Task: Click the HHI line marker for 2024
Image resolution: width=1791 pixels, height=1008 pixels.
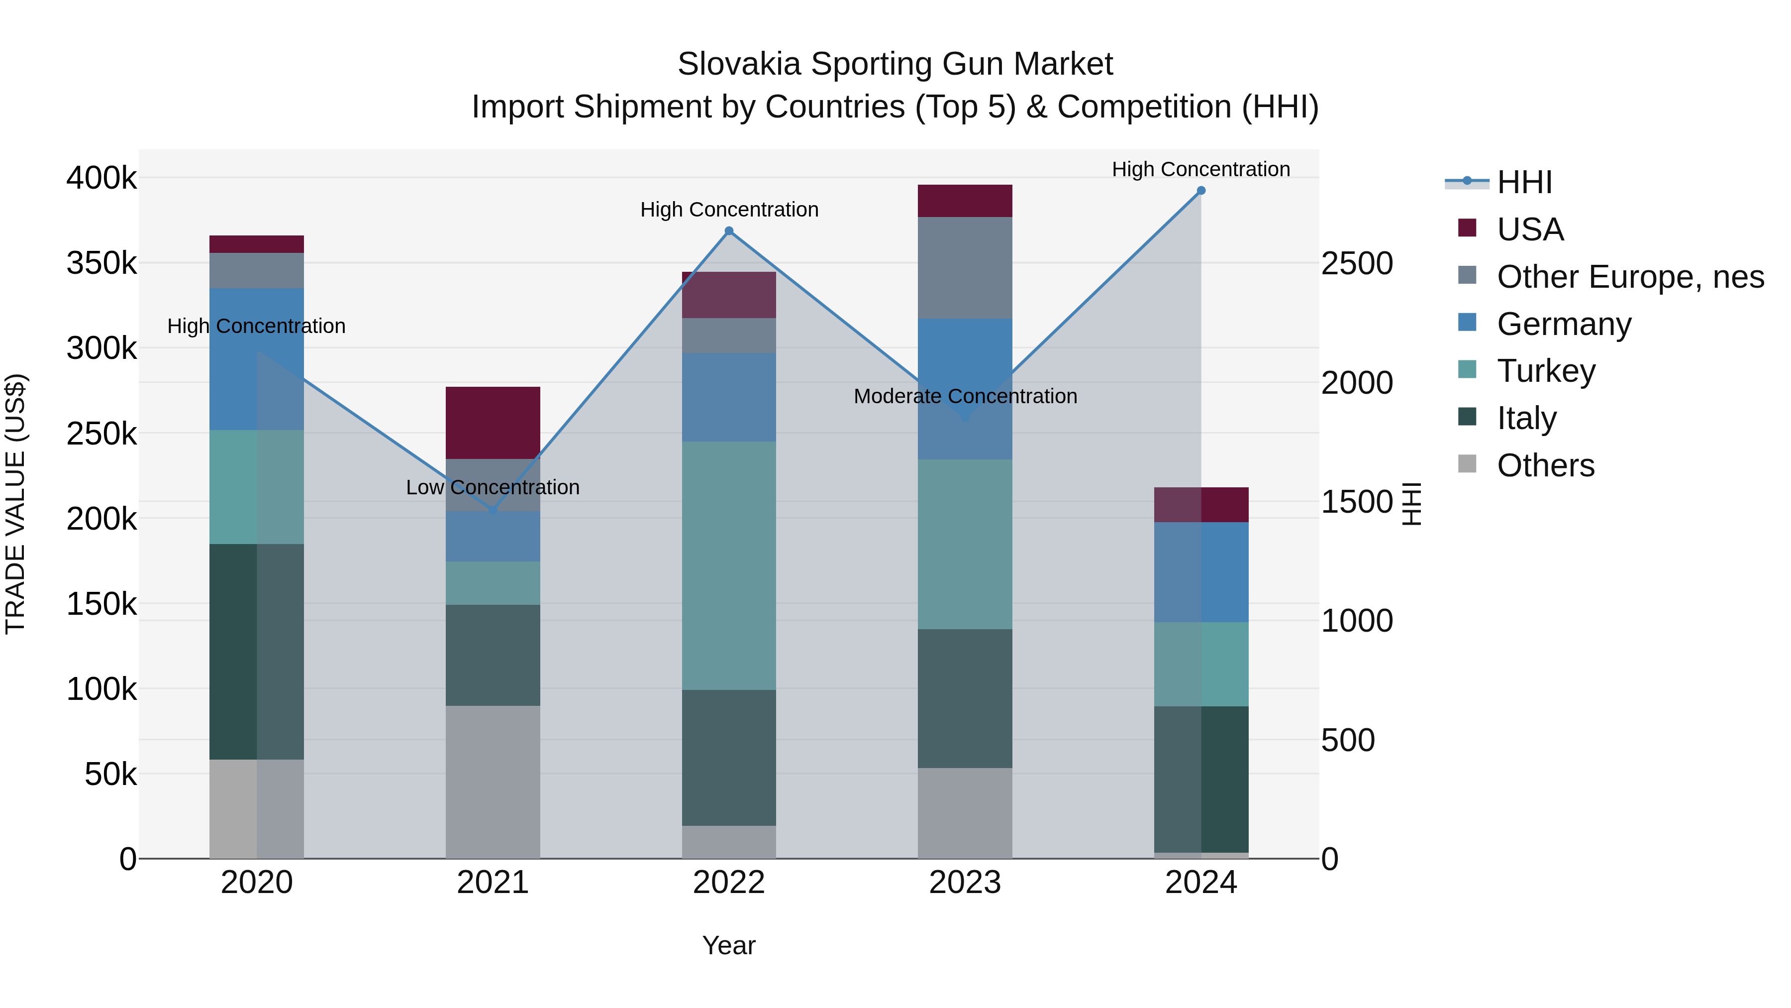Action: pyautogui.click(x=1201, y=191)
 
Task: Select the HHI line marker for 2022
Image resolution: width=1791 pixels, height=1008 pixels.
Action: pyautogui.click(x=729, y=231)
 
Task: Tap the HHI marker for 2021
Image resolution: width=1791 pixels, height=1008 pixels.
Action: pyautogui.click(x=493, y=510)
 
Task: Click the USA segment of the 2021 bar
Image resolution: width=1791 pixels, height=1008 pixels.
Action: pyautogui.click(x=493, y=422)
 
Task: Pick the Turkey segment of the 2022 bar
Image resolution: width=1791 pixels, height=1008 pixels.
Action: pyautogui.click(x=729, y=565)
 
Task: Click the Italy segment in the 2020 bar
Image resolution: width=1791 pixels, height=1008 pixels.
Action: pyautogui.click(x=257, y=651)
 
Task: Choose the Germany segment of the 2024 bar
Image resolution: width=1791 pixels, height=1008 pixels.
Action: pyautogui.click(x=1201, y=572)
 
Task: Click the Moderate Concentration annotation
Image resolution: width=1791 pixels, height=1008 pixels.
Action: pyautogui.click(x=965, y=396)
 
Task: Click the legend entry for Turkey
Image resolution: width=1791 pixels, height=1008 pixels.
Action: pyautogui.click(x=1546, y=371)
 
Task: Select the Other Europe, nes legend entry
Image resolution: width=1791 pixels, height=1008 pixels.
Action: pyautogui.click(x=1630, y=277)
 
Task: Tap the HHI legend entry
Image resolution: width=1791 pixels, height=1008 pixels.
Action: pyautogui.click(x=1524, y=182)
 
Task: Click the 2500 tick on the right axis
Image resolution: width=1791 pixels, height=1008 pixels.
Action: pyautogui.click(x=1357, y=264)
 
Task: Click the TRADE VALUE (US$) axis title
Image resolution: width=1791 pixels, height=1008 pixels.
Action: pyautogui.click(x=16, y=504)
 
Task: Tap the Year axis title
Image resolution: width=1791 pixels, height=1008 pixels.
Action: pyautogui.click(x=729, y=945)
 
